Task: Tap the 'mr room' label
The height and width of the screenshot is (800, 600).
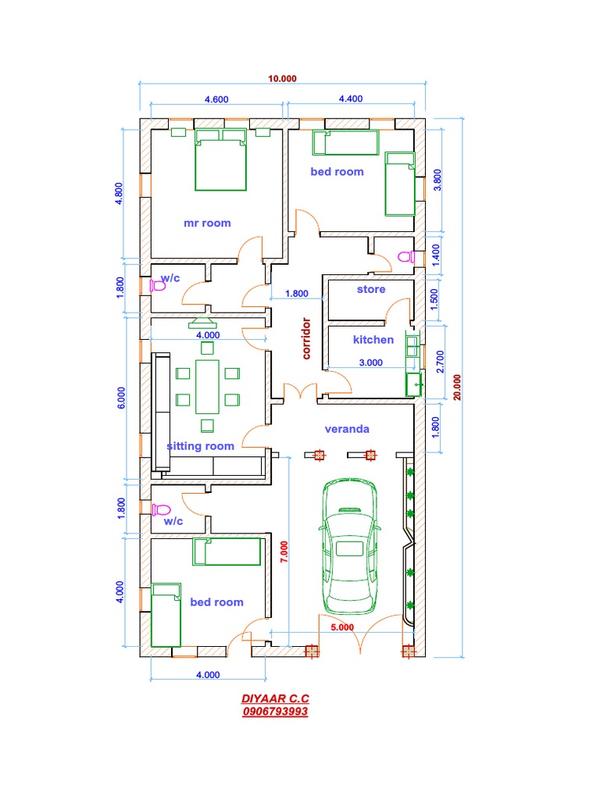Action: coord(207,223)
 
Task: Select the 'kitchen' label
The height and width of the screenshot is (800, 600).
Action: coord(373,340)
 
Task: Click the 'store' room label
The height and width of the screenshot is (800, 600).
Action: coord(371,290)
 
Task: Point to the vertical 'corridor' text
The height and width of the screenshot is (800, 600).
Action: coord(307,337)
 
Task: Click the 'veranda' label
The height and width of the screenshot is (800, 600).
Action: coord(347,429)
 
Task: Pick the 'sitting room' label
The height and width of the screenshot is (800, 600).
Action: coord(201,446)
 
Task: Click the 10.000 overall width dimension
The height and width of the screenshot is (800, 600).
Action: coord(283,78)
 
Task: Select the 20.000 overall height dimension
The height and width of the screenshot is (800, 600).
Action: coord(458,387)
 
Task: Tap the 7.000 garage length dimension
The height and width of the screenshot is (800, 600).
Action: coord(284,551)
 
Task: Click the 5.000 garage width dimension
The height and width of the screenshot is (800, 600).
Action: coord(342,627)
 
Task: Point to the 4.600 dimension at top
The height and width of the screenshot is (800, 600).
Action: coord(216,99)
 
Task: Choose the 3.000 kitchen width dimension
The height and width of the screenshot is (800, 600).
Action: coord(370,362)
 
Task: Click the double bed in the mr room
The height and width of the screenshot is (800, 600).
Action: coord(220,160)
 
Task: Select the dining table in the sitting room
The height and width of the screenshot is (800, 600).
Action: coord(207,386)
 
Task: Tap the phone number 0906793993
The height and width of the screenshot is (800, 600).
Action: coord(275,712)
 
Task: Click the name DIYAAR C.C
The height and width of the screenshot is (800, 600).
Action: coord(275,699)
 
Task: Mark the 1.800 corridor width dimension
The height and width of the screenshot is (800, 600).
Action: coord(297,294)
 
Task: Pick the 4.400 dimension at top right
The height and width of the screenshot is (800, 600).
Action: coord(350,99)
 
